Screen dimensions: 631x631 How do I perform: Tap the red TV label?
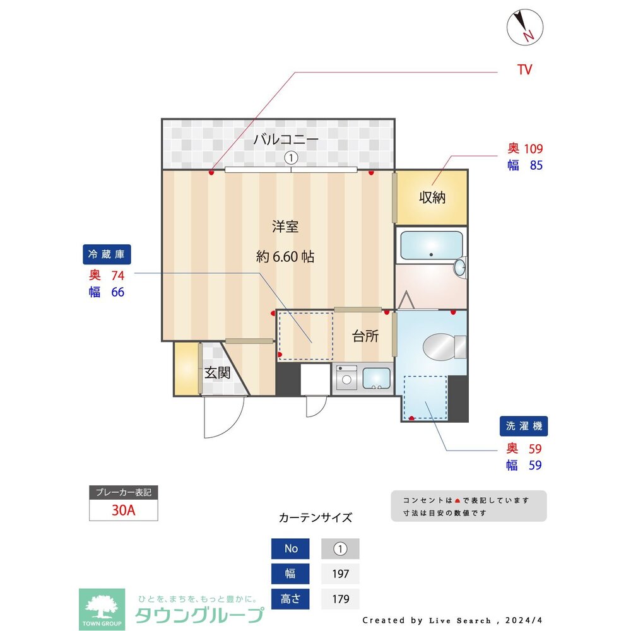[524, 70]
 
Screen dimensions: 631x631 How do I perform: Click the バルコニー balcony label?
[286, 139]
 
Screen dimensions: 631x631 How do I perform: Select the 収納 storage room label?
[432, 198]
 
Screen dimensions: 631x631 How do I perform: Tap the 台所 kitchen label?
[365, 336]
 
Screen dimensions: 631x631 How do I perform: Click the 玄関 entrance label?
[216, 372]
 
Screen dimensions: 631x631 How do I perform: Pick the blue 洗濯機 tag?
[524, 426]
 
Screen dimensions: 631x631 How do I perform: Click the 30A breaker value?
[123, 510]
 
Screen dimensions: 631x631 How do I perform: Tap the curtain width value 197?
[340, 574]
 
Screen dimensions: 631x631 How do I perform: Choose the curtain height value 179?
[340, 598]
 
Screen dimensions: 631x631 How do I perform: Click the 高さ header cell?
[291, 598]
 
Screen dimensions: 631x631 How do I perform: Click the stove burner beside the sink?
[346, 379]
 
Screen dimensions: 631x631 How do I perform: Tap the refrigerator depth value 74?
[117, 276]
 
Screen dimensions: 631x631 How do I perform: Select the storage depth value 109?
[533, 150]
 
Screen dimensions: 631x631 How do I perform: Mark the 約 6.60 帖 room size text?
[285, 257]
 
